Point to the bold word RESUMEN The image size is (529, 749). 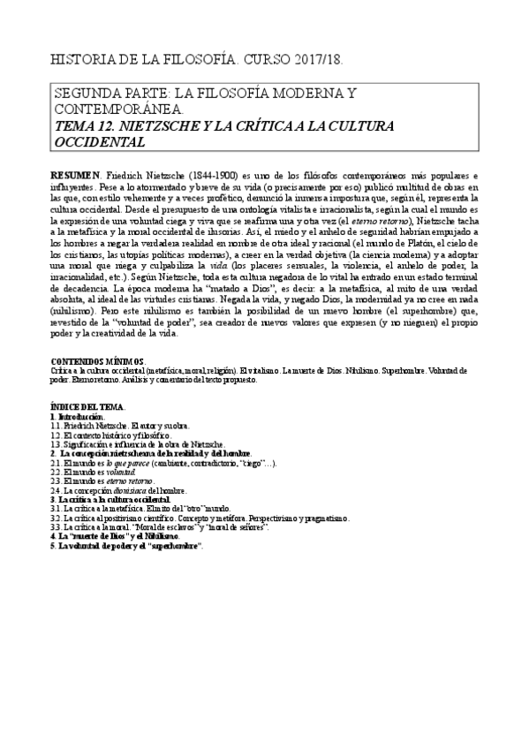(x=76, y=175)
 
